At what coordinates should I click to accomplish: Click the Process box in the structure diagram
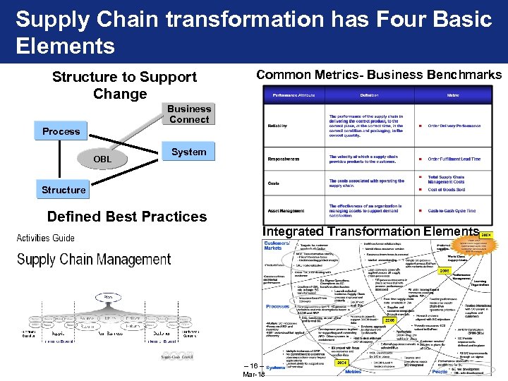(x=61, y=131)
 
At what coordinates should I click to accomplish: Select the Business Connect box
(x=188, y=114)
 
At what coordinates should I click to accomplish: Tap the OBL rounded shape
(x=102, y=159)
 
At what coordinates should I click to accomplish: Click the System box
(x=188, y=152)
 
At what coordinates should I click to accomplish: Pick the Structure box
(x=64, y=190)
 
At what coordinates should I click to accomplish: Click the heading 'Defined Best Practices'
(x=126, y=217)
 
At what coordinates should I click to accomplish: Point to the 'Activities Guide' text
(x=45, y=238)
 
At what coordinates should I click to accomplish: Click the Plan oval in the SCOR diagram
(x=110, y=297)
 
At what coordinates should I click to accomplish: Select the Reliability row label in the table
(x=277, y=126)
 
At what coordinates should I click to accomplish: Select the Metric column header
(x=452, y=95)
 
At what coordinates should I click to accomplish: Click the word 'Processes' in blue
(x=277, y=307)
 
